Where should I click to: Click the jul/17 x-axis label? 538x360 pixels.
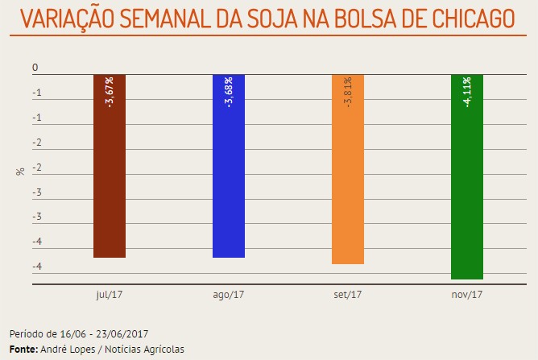coord(109,295)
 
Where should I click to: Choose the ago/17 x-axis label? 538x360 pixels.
coord(228,295)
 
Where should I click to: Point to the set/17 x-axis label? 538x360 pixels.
coord(348,295)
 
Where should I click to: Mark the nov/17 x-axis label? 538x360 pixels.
coord(467,295)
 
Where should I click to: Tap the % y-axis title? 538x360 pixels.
coord(20,172)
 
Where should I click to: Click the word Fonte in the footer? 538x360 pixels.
coord(22,349)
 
